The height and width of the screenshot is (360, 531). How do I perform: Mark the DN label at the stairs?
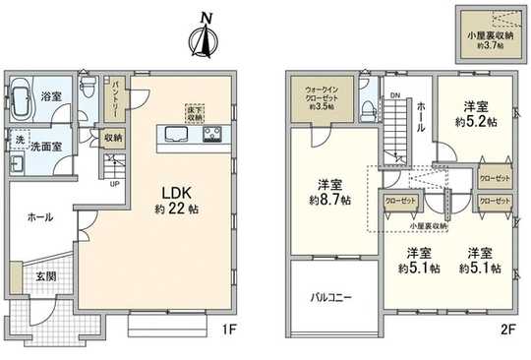[394, 95]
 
